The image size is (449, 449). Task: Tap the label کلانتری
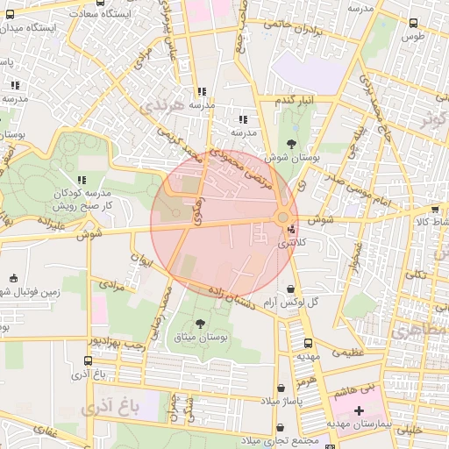coord(293,243)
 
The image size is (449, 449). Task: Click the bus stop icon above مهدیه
coord(307,344)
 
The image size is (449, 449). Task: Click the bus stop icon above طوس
coord(414,24)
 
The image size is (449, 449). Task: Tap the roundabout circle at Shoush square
coord(283,217)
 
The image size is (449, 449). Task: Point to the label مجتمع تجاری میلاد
coord(282,440)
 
